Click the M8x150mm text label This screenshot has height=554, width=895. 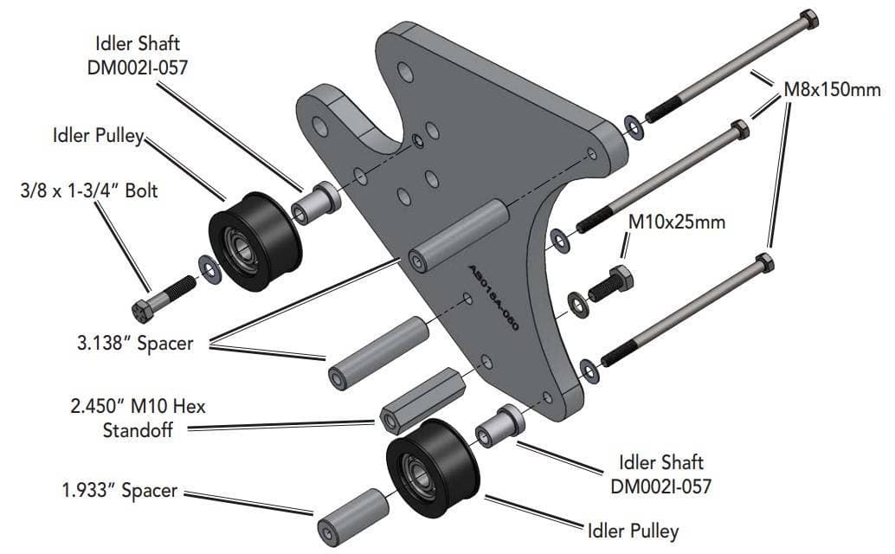(x=831, y=89)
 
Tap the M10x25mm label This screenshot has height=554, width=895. (x=676, y=222)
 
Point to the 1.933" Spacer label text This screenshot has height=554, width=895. (x=119, y=490)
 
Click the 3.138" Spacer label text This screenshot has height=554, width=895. (x=132, y=343)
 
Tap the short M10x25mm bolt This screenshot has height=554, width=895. (x=611, y=283)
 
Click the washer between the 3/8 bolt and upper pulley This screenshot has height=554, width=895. (x=209, y=268)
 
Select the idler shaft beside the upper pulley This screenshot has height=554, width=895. (x=314, y=204)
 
